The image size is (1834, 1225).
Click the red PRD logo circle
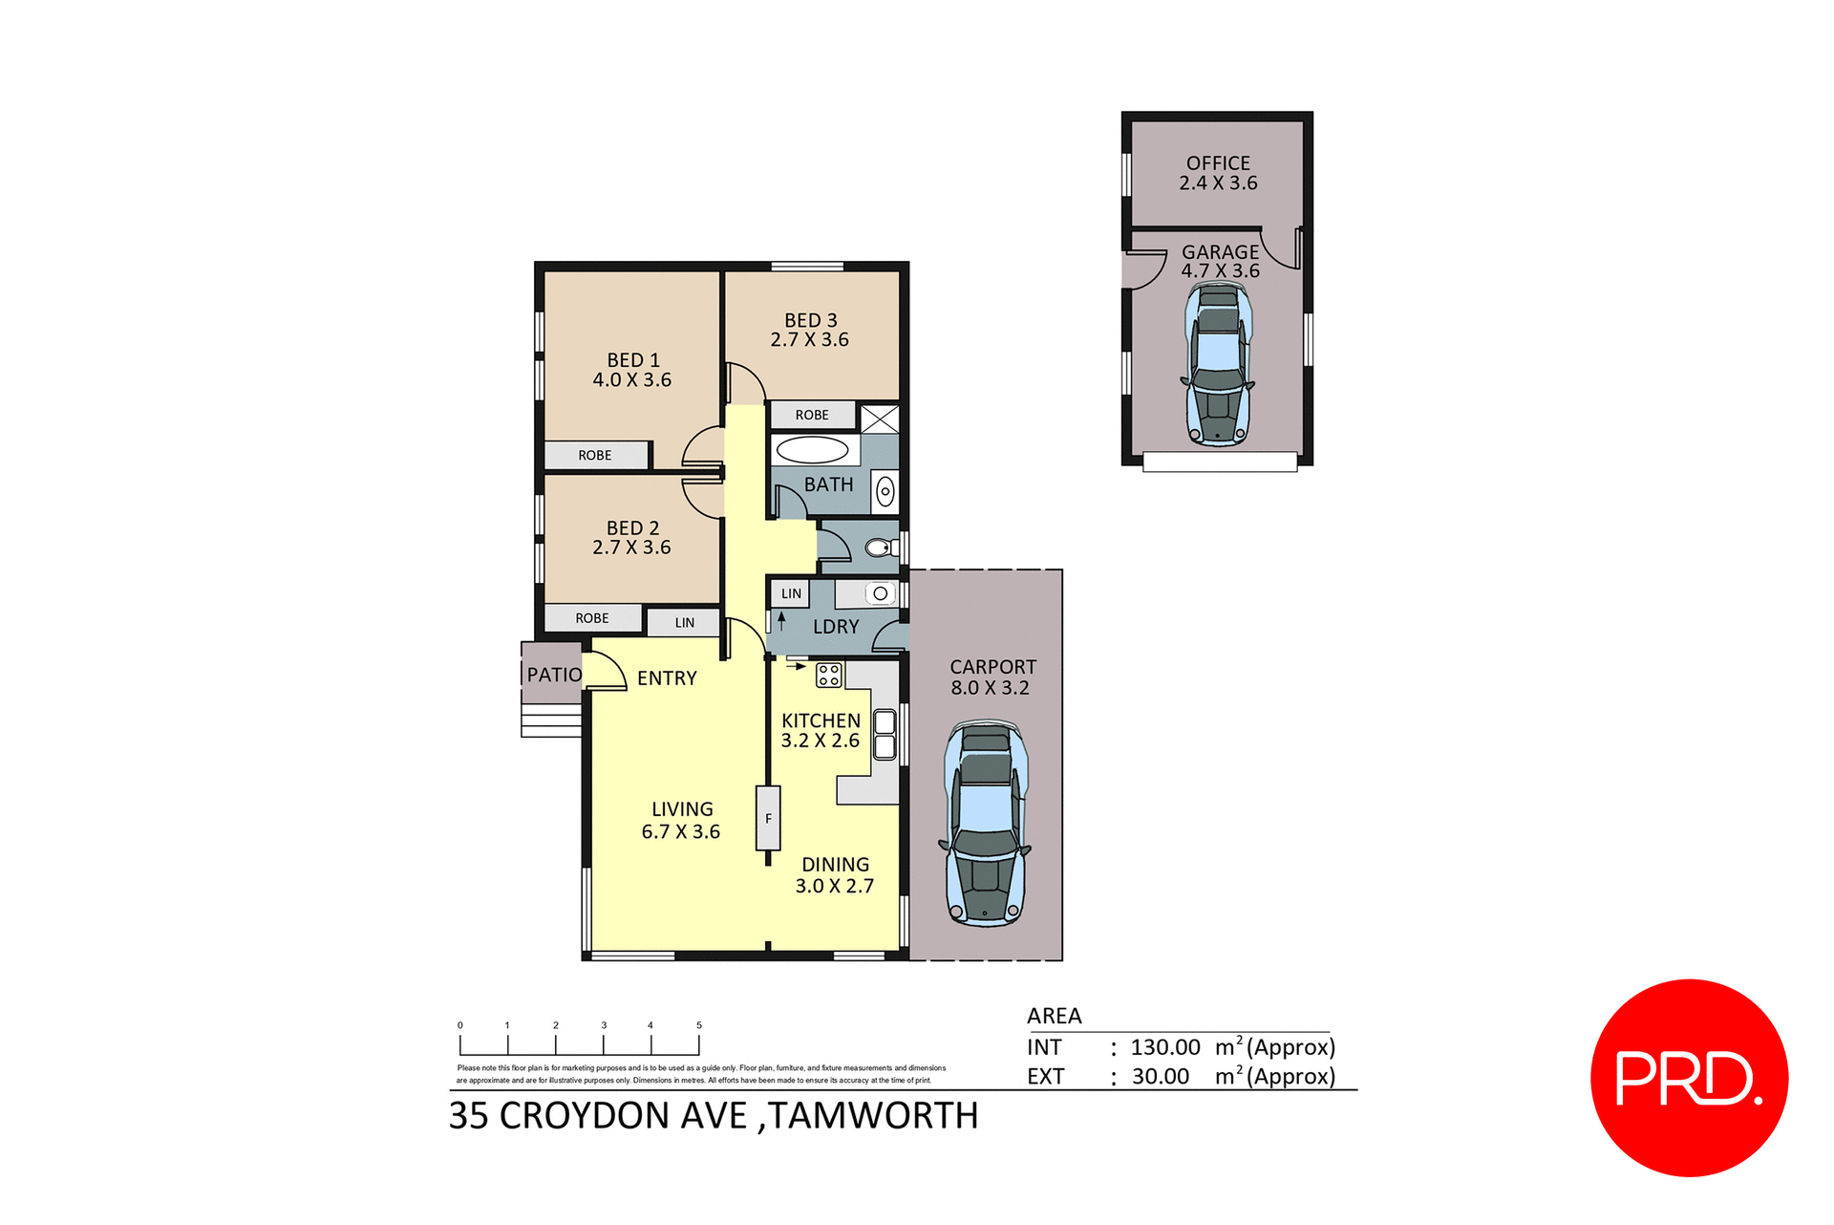(1689, 1077)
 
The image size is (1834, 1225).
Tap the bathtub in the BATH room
(812, 449)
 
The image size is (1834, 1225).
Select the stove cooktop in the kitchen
(828, 675)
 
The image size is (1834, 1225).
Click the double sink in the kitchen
(885, 734)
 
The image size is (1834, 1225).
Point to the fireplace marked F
(768, 818)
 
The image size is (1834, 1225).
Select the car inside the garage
(1218, 365)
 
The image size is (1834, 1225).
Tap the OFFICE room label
(1218, 163)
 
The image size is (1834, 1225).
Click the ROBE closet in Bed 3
(812, 415)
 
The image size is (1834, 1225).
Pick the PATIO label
(554, 675)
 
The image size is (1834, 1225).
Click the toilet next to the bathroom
(879, 548)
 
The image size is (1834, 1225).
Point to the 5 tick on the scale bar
(699, 1025)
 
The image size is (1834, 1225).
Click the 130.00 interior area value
(1165, 1047)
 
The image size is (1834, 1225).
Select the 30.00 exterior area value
(1161, 1077)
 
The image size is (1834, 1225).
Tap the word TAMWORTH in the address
(873, 1116)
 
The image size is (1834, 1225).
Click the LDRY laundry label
(836, 627)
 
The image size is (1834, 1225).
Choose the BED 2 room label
(632, 527)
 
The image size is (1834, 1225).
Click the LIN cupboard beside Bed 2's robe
(684, 623)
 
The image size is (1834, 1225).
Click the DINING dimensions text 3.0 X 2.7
(834, 887)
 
